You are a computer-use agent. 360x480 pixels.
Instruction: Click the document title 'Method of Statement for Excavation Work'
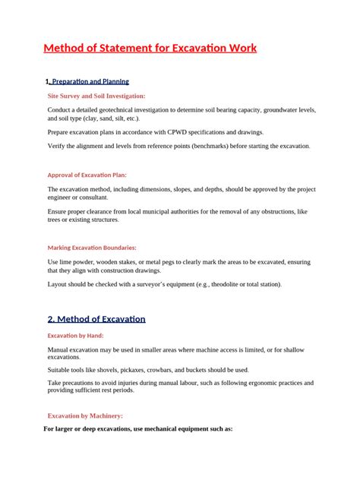click(x=150, y=49)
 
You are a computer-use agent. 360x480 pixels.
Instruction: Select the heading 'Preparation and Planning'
click(x=90, y=81)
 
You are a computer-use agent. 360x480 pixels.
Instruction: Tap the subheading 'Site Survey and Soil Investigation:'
click(x=96, y=96)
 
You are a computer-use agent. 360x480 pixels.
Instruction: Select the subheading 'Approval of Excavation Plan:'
click(x=87, y=175)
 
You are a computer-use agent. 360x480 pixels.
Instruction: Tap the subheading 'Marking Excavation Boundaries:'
click(x=92, y=248)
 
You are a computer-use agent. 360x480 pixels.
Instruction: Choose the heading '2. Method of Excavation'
click(x=96, y=319)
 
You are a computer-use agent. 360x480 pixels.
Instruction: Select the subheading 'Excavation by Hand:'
click(x=75, y=336)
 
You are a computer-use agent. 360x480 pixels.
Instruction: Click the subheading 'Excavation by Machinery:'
click(x=85, y=416)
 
